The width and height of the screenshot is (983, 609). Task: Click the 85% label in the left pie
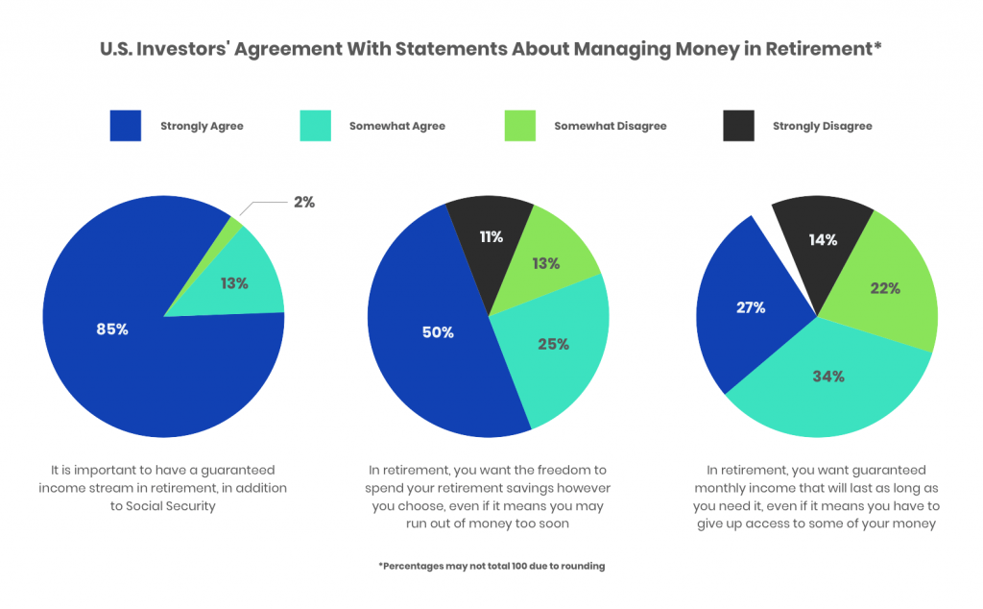tap(111, 329)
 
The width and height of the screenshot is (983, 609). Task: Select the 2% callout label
tap(303, 203)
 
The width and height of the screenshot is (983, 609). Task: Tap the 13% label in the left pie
tap(234, 283)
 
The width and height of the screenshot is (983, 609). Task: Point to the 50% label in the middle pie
tap(438, 332)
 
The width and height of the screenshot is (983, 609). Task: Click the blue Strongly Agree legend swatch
tap(125, 126)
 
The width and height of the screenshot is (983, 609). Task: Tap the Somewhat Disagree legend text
tap(610, 126)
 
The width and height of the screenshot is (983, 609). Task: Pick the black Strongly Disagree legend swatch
tap(739, 126)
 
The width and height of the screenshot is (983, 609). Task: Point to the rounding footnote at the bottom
tap(491, 567)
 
